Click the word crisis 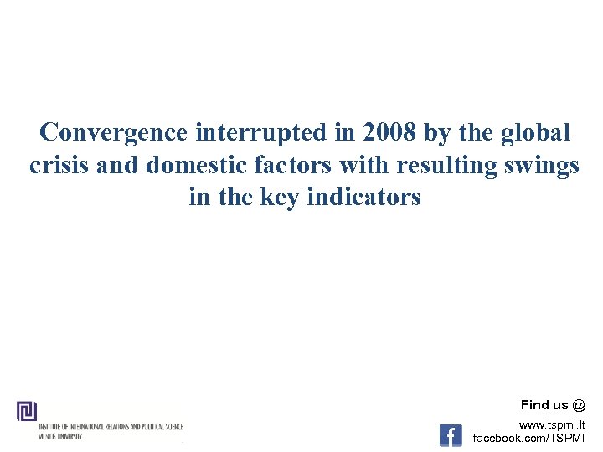click(60, 165)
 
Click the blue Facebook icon click(451, 435)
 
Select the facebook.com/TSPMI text click(529, 438)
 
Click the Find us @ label click(553, 405)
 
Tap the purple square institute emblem click(27, 411)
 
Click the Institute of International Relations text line click(111, 427)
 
